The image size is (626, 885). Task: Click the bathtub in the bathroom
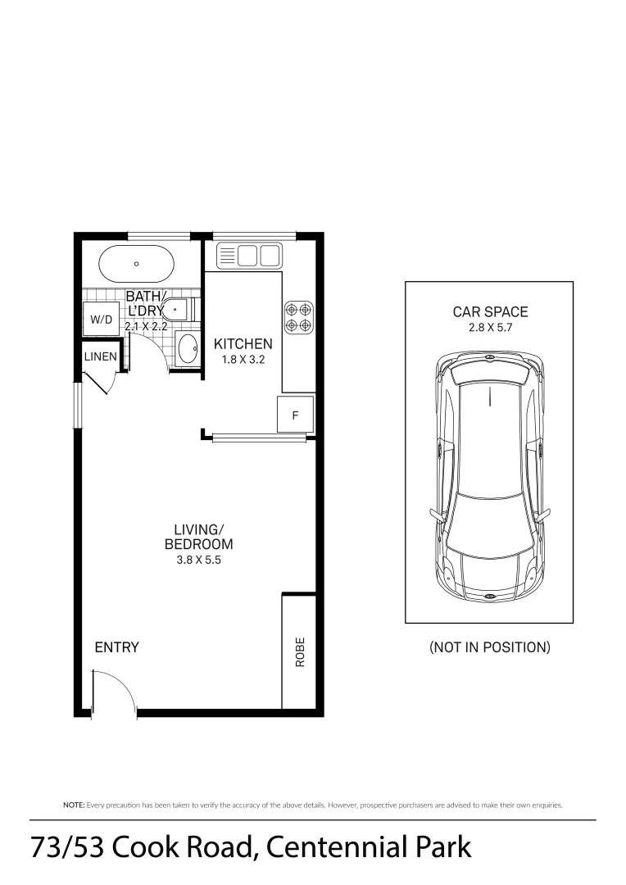136,264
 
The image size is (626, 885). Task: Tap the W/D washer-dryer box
101,319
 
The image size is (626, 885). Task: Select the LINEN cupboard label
101,356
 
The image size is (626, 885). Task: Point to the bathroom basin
188,349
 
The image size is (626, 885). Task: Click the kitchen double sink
248,256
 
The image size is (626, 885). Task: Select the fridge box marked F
295,415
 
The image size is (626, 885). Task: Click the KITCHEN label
243,344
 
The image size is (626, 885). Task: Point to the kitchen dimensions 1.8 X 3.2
243,359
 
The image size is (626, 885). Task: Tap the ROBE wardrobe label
300,651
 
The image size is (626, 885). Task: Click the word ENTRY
117,647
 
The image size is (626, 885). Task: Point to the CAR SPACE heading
490,311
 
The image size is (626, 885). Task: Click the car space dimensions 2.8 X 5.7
490,327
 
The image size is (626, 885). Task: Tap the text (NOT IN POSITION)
490,647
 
